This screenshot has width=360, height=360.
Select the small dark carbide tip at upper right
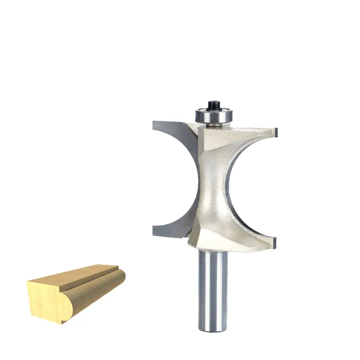coord(278,131)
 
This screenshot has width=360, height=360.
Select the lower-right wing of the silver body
coord(252,241)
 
